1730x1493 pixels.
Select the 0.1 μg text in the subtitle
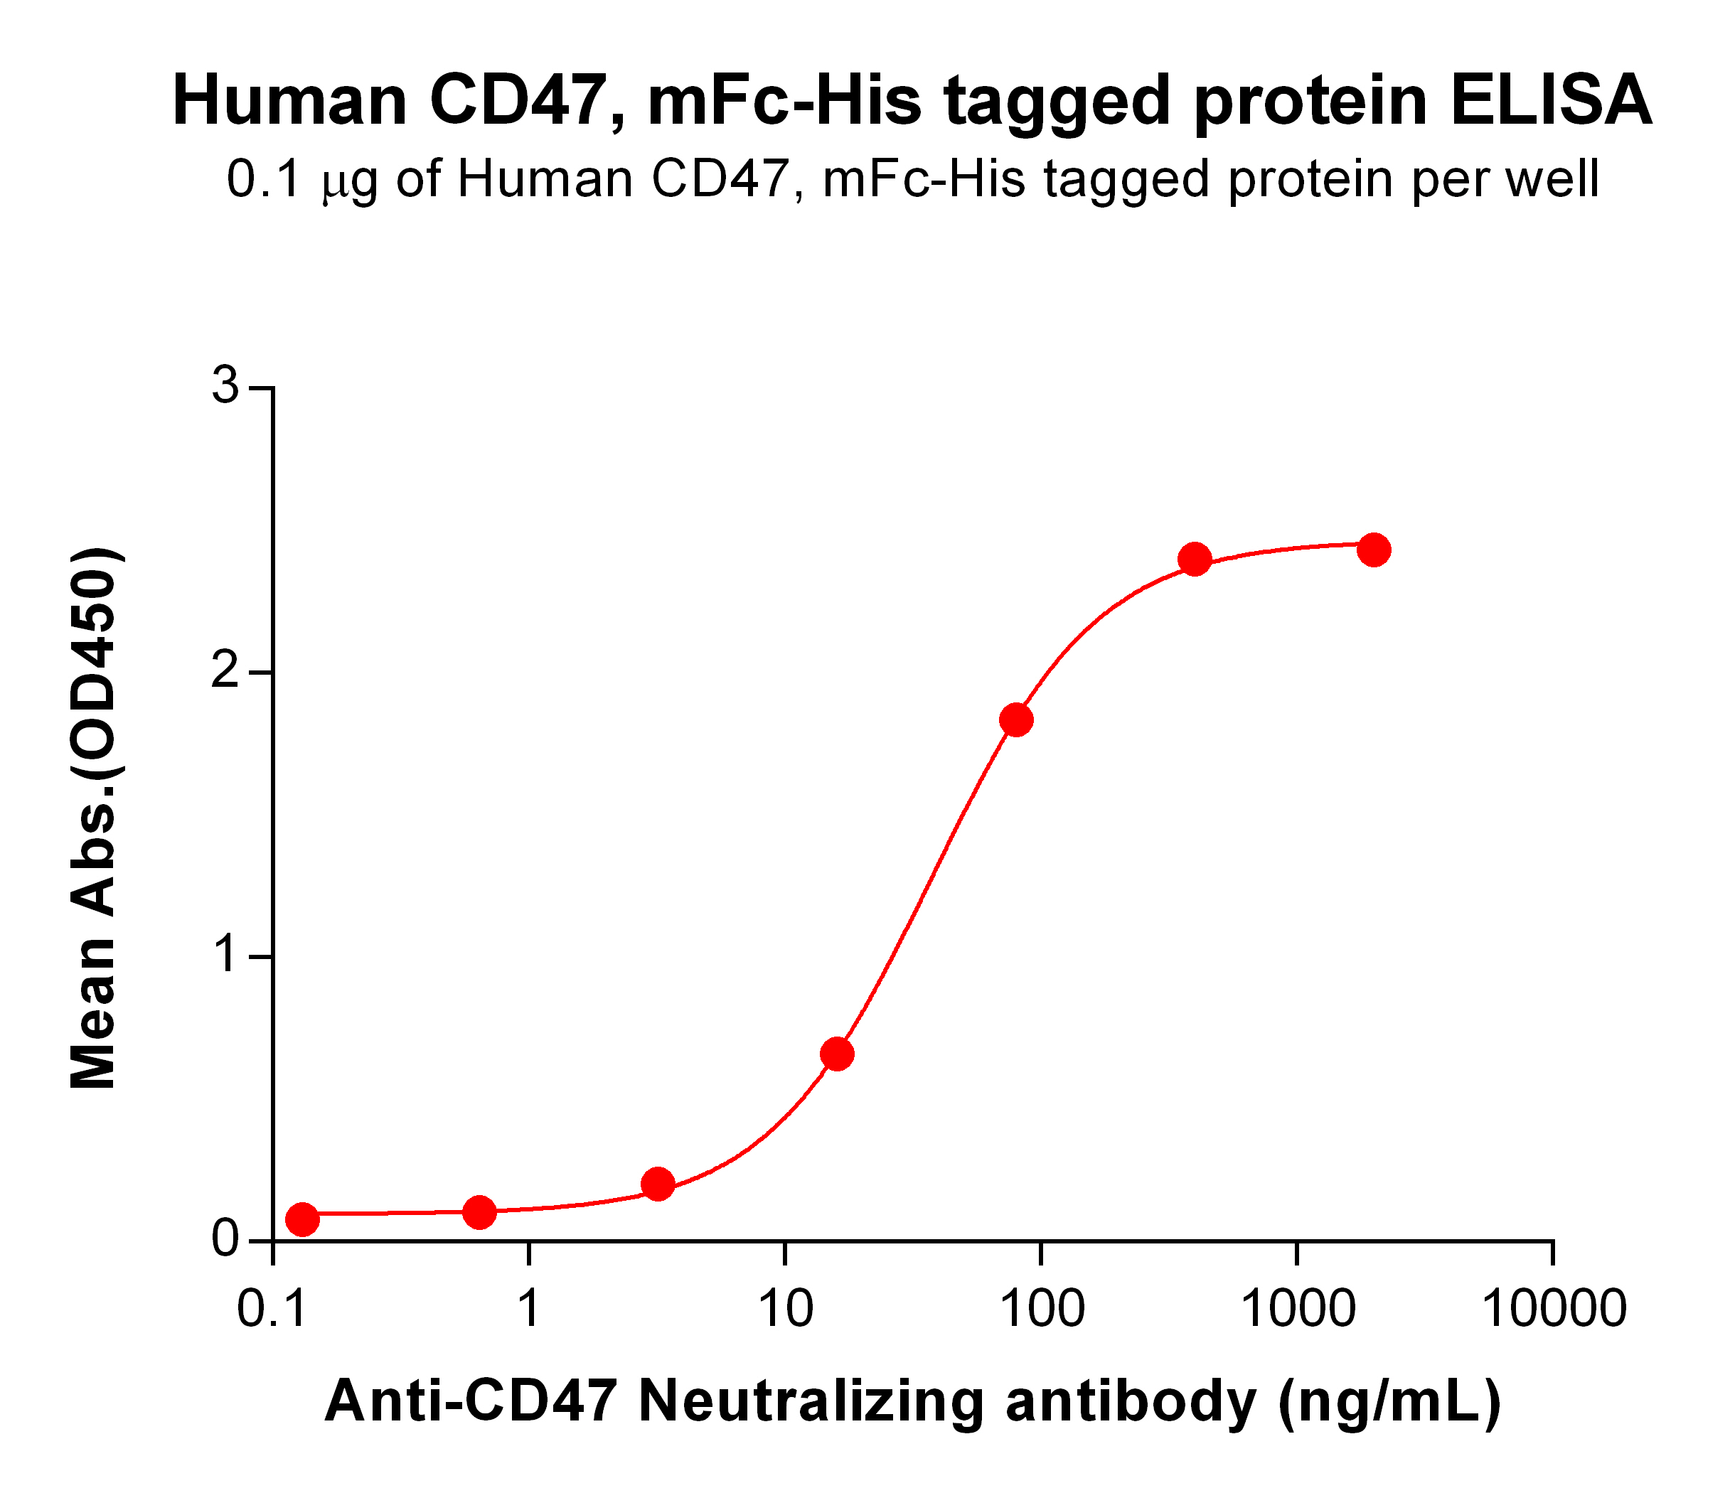pos(301,180)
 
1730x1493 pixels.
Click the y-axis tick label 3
pos(225,387)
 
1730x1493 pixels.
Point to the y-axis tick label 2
pos(225,672)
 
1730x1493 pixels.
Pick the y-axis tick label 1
pos(225,957)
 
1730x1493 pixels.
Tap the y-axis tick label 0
pos(225,1241)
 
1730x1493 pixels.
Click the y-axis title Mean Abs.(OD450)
pos(94,818)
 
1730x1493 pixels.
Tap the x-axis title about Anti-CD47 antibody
pos(912,1402)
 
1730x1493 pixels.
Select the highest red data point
pos(1374,550)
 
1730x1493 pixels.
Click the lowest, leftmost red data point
pos(302,1219)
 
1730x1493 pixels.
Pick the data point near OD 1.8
pos(1016,719)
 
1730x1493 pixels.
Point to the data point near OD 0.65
pos(837,1054)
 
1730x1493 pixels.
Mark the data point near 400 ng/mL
pos(1195,560)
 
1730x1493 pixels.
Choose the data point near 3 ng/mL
pos(658,1183)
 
